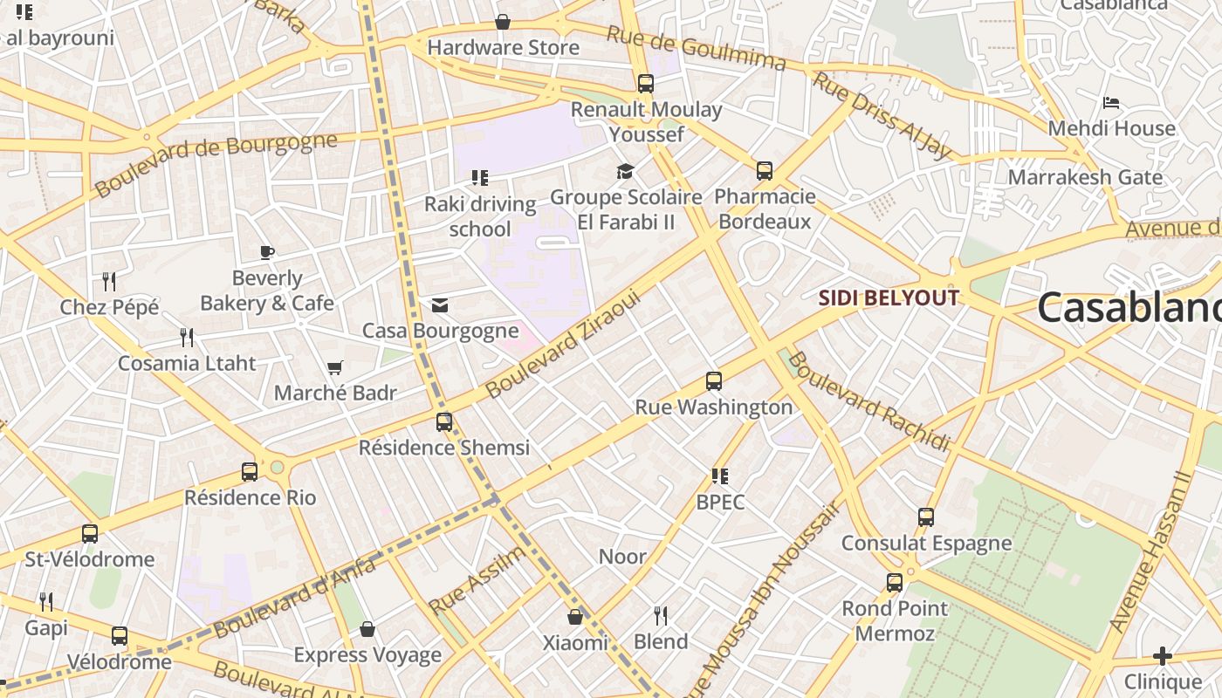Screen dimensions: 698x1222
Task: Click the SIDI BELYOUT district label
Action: point(889,298)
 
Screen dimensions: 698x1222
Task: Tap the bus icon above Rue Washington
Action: point(714,381)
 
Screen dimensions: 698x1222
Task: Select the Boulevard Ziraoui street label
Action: point(563,345)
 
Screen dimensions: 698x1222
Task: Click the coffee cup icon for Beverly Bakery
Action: point(267,253)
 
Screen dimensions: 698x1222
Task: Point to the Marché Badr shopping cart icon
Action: point(334,368)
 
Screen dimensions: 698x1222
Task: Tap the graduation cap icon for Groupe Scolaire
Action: point(625,171)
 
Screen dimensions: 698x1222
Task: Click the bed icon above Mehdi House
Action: point(1111,103)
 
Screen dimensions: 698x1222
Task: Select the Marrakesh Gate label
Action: point(1085,177)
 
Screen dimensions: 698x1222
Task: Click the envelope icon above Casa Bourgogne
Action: point(440,305)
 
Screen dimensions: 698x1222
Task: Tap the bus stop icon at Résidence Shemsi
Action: point(444,422)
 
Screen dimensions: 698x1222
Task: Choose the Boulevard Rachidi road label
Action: point(868,402)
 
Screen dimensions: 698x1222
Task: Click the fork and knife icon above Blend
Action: point(661,616)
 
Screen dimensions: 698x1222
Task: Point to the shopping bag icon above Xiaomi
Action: point(575,617)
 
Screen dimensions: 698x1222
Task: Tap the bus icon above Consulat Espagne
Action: point(926,517)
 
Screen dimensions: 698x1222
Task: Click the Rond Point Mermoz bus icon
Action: point(895,583)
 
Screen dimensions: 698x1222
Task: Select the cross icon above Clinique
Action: point(1162,656)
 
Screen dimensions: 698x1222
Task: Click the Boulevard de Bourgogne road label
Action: point(216,164)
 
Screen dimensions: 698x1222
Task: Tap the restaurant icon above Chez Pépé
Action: point(109,281)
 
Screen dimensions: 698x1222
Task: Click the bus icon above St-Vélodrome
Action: point(90,534)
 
